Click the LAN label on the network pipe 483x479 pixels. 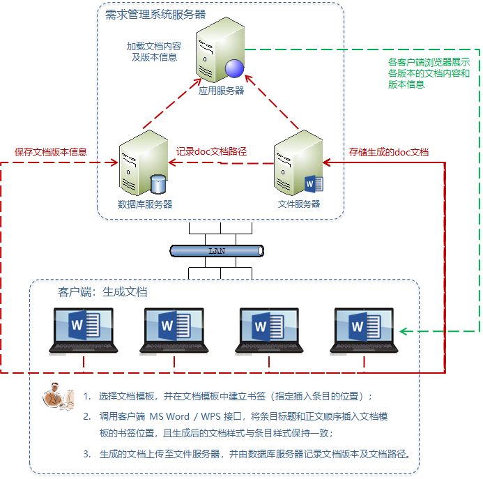[x=217, y=250]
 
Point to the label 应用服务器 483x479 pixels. [x=221, y=91]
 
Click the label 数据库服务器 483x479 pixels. [x=145, y=204]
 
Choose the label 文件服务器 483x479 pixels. [x=298, y=204]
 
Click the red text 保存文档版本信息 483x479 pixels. [x=52, y=151]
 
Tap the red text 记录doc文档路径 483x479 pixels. [x=212, y=151]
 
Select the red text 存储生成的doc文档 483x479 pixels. [x=389, y=152]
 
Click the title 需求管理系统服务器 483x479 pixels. [x=155, y=14]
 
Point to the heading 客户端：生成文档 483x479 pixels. [x=102, y=292]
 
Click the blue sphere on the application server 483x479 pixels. [x=235, y=68]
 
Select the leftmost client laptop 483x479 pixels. [x=83, y=329]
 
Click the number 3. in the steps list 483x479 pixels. [x=87, y=454]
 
